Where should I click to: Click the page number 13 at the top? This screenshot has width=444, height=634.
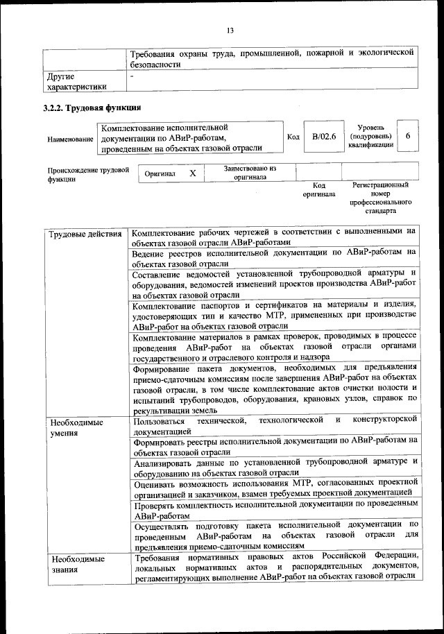[x=230, y=30]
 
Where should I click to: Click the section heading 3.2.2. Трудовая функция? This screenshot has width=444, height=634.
[x=92, y=108]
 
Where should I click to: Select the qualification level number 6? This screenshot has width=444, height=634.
[x=408, y=137]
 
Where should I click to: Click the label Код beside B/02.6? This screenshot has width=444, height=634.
[x=293, y=137]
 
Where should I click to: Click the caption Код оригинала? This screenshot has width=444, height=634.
[x=318, y=190]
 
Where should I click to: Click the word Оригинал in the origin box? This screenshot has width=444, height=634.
[x=160, y=173]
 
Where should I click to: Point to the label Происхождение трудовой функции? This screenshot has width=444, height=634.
[x=89, y=174]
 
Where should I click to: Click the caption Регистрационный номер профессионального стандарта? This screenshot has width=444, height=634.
[x=380, y=197]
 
